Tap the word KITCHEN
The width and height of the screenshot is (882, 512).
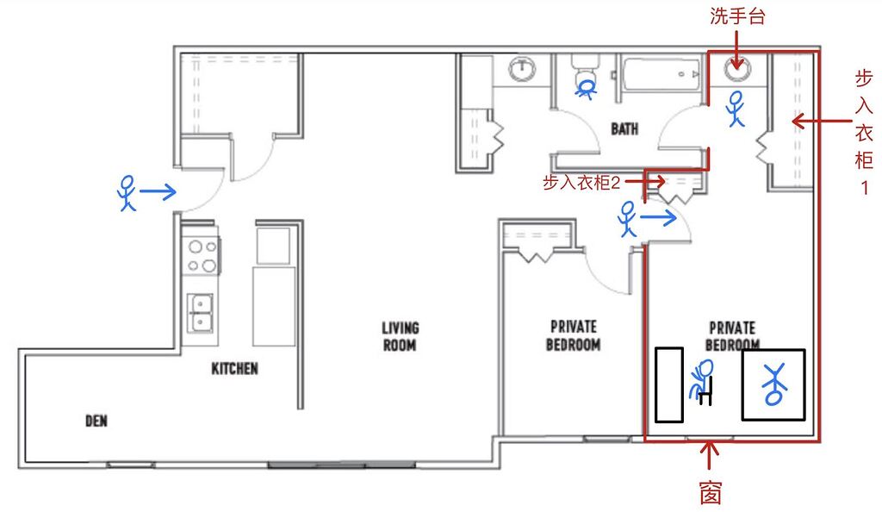click(234, 369)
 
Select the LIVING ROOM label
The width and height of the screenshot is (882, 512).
click(401, 336)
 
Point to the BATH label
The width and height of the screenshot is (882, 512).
click(624, 129)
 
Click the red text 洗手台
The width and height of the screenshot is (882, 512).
click(737, 16)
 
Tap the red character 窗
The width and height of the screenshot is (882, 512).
click(710, 492)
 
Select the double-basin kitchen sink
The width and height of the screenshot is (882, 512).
click(202, 312)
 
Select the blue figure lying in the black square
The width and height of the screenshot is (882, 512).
click(773, 384)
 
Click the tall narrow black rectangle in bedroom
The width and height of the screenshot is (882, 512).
click(668, 384)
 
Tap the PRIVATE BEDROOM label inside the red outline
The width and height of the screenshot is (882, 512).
click(731, 336)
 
